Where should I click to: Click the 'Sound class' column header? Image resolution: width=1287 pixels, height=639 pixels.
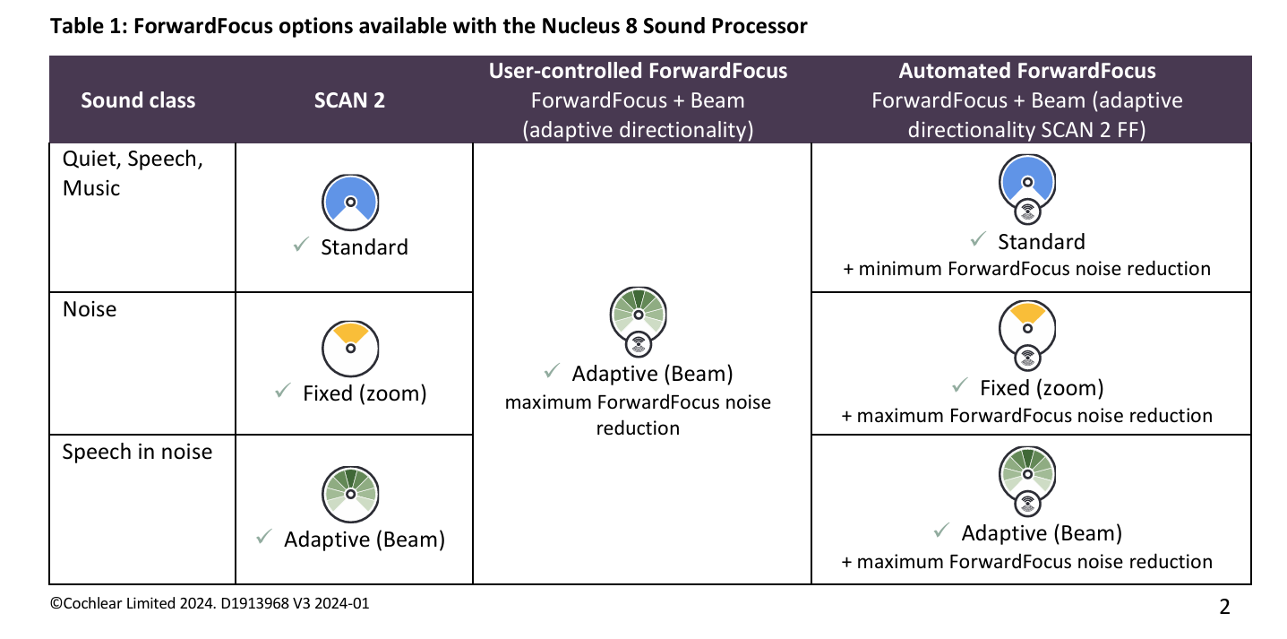pos(138,100)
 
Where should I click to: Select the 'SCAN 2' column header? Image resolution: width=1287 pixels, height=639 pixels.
pos(349,100)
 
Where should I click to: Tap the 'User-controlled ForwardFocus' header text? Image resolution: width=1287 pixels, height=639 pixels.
pos(638,71)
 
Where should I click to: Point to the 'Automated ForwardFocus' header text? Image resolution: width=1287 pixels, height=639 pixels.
pos(1027,71)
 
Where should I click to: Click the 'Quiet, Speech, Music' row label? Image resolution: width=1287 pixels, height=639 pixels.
pos(133,173)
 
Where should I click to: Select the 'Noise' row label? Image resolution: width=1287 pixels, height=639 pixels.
pos(90,309)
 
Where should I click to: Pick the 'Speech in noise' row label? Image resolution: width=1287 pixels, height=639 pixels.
pos(137,452)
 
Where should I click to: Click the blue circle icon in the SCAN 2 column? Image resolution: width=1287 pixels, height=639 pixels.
pos(350,203)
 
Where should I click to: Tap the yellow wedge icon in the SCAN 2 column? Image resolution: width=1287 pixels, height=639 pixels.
pos(350,349)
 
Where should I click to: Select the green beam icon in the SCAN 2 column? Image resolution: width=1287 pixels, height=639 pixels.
pos(350,495)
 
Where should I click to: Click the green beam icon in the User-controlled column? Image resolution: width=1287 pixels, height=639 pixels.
pos(639,321)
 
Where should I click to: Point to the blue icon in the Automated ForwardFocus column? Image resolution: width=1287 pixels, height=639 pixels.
pos(1027,188)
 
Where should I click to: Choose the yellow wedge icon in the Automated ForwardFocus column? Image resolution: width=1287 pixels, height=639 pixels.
pos(1027,335)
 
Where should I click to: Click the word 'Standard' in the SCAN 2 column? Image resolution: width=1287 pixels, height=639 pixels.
pos(365,247)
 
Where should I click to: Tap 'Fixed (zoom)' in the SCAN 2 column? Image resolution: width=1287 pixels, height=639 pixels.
pos(365,393)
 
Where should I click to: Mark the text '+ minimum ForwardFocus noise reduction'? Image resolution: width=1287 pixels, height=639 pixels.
pos(1026,269)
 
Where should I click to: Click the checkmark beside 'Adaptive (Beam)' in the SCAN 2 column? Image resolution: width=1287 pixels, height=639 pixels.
pos(263,537)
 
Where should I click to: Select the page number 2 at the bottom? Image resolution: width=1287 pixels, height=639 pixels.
pos(1224,607)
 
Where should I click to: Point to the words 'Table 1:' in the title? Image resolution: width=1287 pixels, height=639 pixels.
pos(89,26)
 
